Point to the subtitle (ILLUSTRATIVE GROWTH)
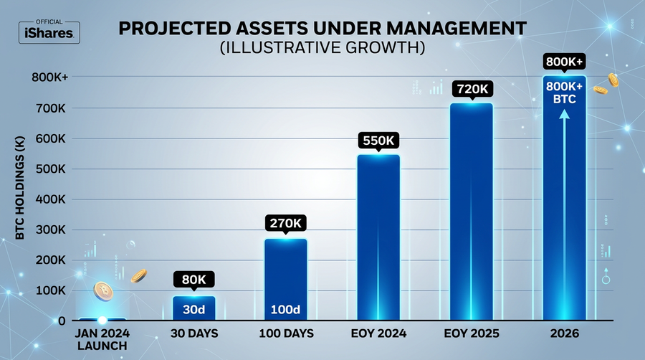322,49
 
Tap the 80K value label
193,280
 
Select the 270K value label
285,222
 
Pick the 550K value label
378,140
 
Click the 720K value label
471,89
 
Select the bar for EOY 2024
378,237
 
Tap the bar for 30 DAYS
193,307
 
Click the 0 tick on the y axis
62,321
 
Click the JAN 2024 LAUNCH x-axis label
102,340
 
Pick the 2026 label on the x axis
564,334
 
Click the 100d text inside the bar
285,311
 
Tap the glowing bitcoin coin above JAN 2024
103,290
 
